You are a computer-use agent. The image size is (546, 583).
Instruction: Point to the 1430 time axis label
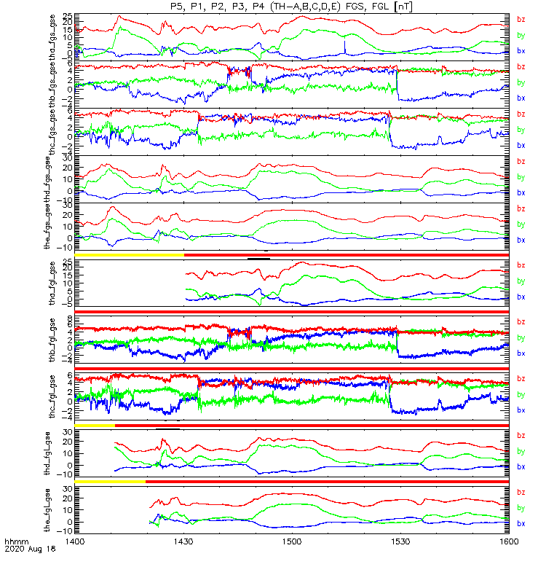pyautogui.click(x=183, y=543)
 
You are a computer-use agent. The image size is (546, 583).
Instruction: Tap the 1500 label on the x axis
pyautogui.click(x=292, y=543)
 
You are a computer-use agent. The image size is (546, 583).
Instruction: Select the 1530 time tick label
pyautogui.click(x=400, y=543)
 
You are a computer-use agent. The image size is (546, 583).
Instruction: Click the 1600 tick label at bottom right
pyautogui.click(x=507, y=543)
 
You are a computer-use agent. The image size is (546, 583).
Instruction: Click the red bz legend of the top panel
pyautogui.click(x=521, y=19)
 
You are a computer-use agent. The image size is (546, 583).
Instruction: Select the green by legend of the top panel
pyautogui.click(x=521, y=35)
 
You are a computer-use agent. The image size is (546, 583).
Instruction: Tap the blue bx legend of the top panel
pyautogui.click(x=521, y=51)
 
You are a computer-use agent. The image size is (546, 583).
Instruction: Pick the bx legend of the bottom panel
pyautogui.click(x=521, y=523)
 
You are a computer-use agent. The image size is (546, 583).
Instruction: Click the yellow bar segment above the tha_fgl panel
pyautogui.click(x=129, y=254)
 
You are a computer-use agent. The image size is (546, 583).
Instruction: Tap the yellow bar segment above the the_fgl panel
pyautogui.click(x=110, y=482)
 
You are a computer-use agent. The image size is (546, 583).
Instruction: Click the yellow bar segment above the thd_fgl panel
pyautogui.click(x=95, y=425)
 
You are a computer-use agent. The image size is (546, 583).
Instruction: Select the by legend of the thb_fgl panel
pyautogui.click(x=521, y=338)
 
